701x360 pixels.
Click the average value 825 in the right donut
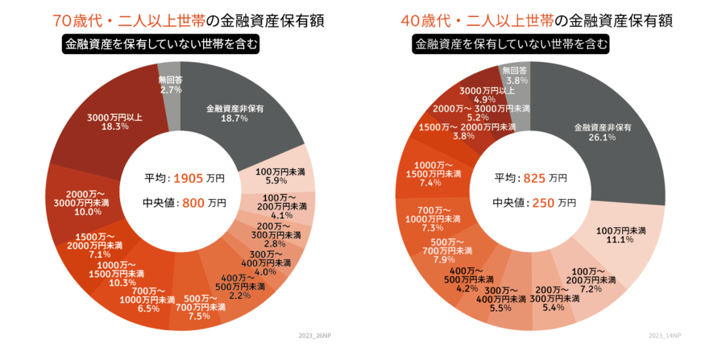[x=535, y=177]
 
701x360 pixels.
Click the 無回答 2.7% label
[x=170, y=85]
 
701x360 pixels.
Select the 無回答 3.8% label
[x=515, y=76]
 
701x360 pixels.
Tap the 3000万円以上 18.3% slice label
[x=115, y=122]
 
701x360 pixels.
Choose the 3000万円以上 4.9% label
[x=488, y=94]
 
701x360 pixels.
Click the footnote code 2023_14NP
[x=665, y=333]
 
